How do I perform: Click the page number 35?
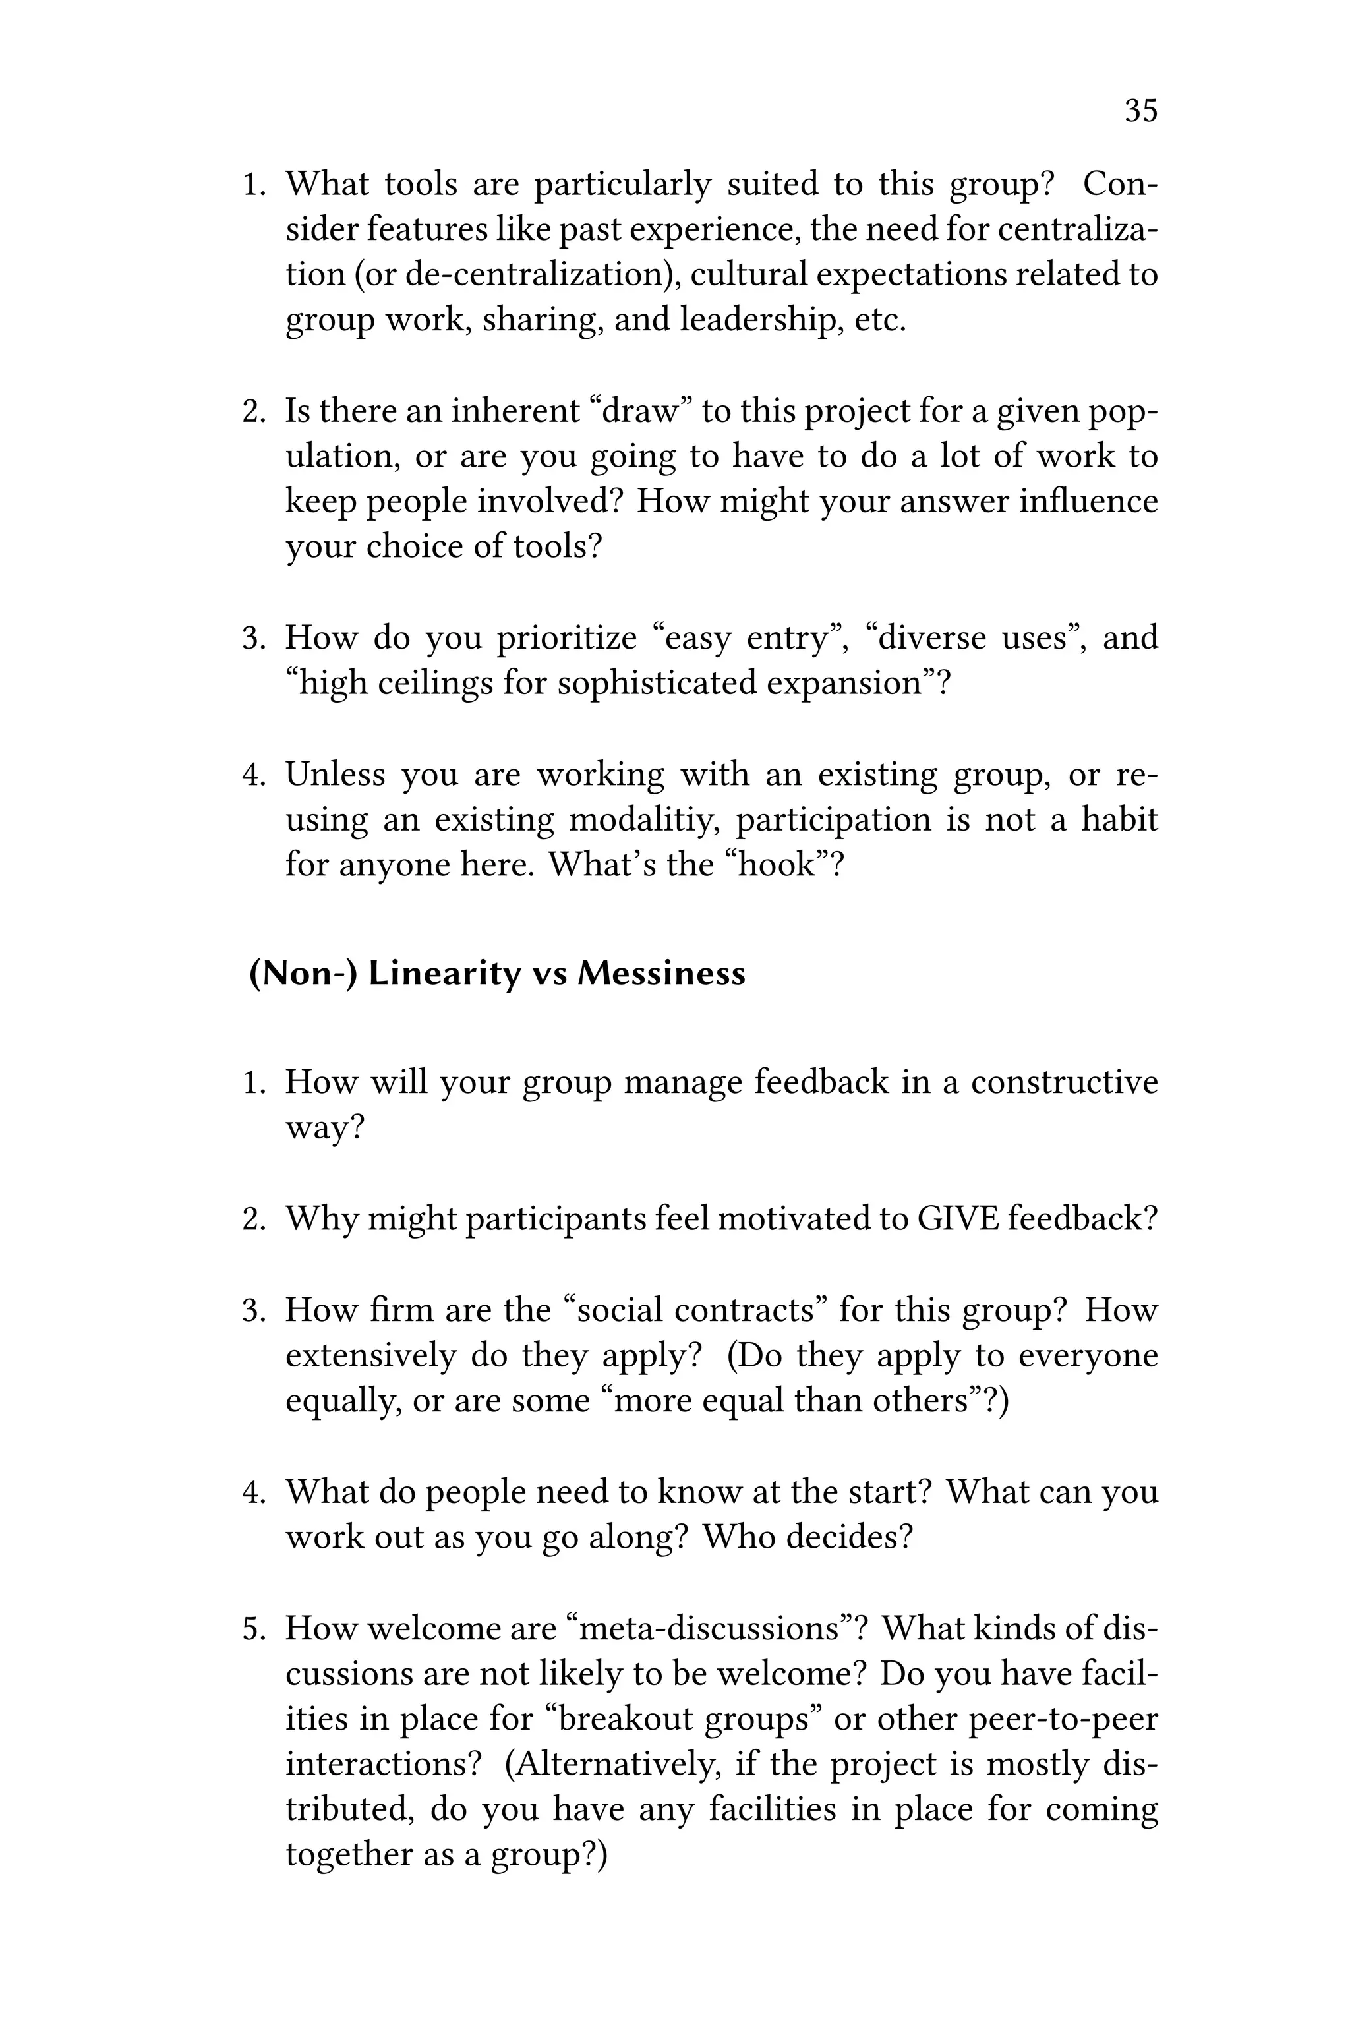point(1141,111)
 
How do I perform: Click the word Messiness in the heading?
point(661,974)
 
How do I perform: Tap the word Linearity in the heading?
point(445,974)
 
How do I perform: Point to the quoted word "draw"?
point(641,411)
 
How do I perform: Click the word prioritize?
point(566,638)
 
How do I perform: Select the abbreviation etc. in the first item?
point(880,320)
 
